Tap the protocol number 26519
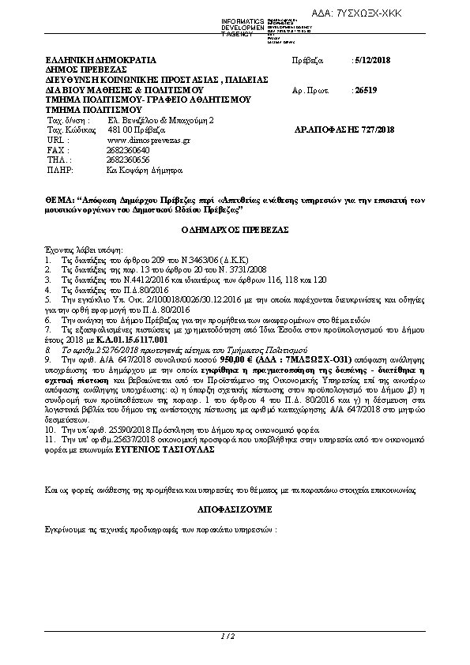pos(366,91)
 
